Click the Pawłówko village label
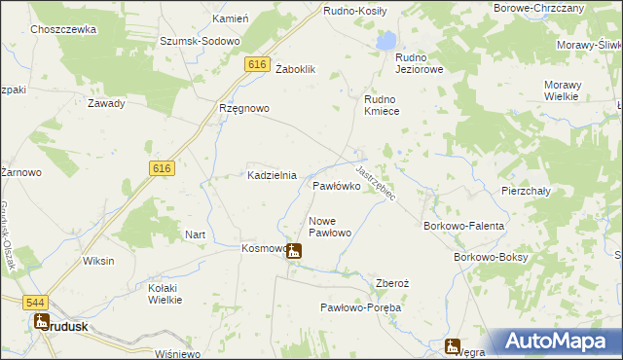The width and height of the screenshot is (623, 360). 337,184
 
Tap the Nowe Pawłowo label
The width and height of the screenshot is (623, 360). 329,227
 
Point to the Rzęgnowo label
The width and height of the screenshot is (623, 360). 243,108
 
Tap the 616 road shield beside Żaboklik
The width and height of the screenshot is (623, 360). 257,64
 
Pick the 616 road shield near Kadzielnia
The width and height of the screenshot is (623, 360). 163,168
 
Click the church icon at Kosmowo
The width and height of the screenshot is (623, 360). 293,251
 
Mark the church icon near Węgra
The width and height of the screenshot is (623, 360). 452,345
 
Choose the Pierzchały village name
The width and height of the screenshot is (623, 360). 526,191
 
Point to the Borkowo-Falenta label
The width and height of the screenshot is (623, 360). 463,226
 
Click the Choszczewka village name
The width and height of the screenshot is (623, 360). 63,30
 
